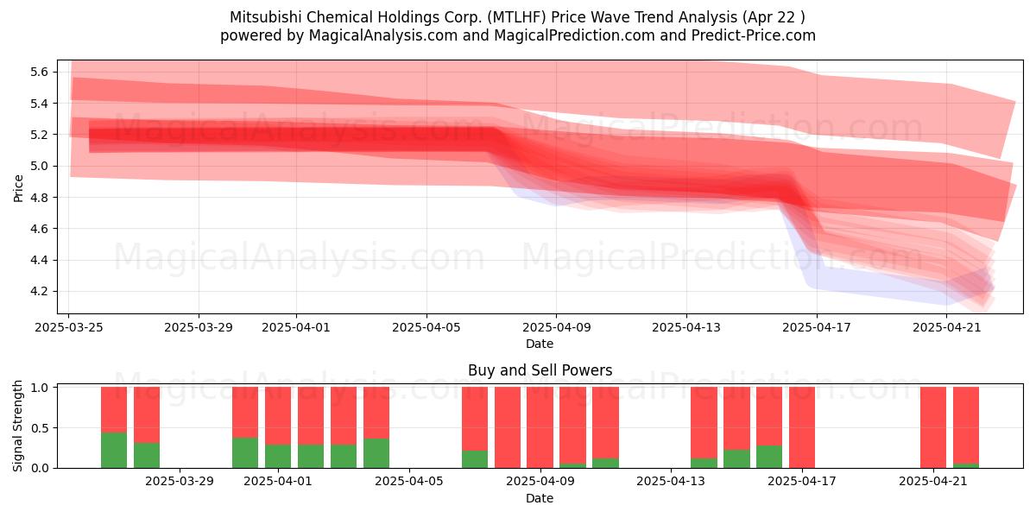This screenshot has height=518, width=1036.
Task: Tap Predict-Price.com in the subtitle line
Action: (x=754, y=35)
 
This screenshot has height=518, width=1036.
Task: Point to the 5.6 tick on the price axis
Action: (x=40, y=72)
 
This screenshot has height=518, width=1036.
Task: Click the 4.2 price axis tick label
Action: (x=40, y=292)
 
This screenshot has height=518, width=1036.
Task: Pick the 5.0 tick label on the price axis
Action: (x=40, y=166)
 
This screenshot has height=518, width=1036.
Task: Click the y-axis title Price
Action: (x=18, y=188)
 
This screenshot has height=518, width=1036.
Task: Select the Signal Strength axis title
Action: (x=17, y=426)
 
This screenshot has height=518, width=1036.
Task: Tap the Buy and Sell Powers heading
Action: (x=540, y=370)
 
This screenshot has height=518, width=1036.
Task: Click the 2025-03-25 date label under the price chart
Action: (x=69, y=327)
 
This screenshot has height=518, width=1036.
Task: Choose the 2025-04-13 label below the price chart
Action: (x=686, y=327)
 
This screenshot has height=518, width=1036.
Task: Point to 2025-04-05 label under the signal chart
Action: (x=409, y=481)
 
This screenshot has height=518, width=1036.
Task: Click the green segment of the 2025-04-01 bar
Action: (x=278, y=457)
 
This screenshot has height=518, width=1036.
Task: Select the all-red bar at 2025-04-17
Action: (x=802, y=427)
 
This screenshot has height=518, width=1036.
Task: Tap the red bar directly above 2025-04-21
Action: (x=933, y=427)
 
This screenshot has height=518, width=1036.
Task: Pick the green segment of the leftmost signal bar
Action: (x=114, y=451)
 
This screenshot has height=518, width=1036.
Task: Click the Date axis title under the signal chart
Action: (x=540, y=498)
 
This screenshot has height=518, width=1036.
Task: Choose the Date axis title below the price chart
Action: (x=540, y=344)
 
